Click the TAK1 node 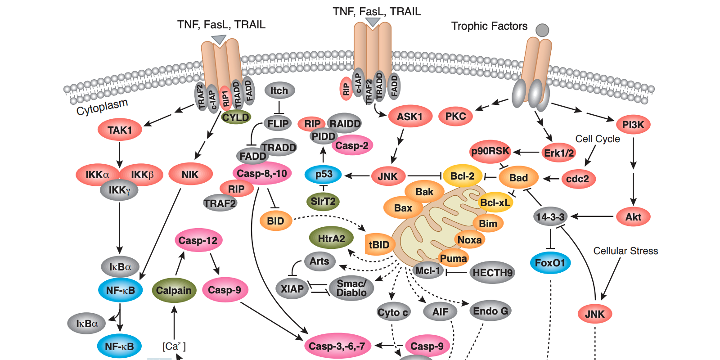pyautogui.click(x=120, y=130)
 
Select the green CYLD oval pyautogui.click(x=236, y=117)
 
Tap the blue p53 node pyautogui.click(x=324, y=175)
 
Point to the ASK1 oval pyautogui.click(x=409, y=117)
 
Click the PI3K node pyautogui.click(x=633, y=125)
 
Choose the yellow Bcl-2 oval pyautogui.click(x=462, y=176)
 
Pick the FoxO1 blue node pyautogui.click(x=550, y=263)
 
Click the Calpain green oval pyautogui.click(x=174, y=291)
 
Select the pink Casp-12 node pyautogui.click(x=198, y=240)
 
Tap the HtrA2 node pyautogui.click(x=331, y=238)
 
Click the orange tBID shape pyautogui.click(x=379, y=245)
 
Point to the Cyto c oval pyautogui.click(x=393, y=312)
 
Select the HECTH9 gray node pyautogui.click(x=492, y=273)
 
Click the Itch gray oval pyautogui.click(x=279, y=90)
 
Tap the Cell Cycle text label pyautogui.click(x=597, y=139)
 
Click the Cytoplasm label pyautogui.click(x=102, y=107)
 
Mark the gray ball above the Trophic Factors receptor pyautogui.click(x=542, y=30)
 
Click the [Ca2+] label pyautogui.click(x=174, y=346)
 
